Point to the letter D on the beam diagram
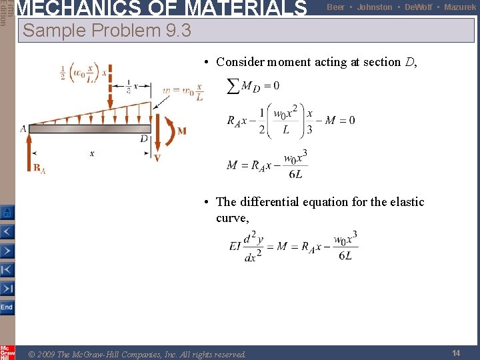pos(144,138)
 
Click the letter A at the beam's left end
pos(23,128)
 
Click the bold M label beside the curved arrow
pos(181,131)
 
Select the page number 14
pos(456,353)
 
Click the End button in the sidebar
pos(7,307)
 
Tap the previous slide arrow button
pos(7,232)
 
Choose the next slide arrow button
pos(7,251)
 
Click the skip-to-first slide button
pos(7,269)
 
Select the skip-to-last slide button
pos(7,288)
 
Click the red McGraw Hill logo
pos(7,352)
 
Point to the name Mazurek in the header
pos(460,7)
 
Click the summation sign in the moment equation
pos(234,86)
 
